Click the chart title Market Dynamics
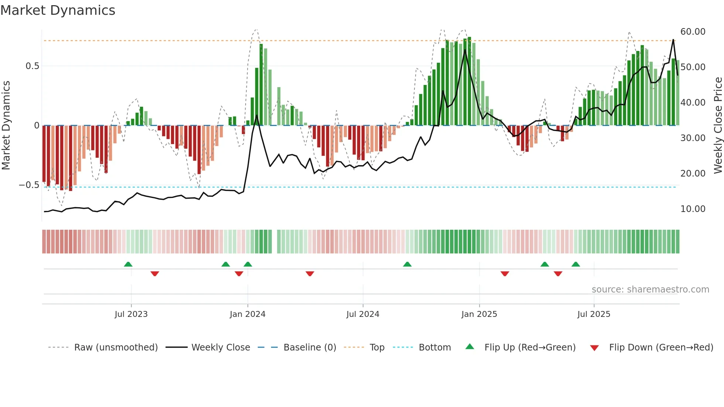(58, 10)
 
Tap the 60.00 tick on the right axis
(693, 32)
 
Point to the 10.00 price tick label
(693, 209)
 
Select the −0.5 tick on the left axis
(29, 185)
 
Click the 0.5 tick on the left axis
(32, 66)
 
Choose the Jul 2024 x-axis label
(363, 314)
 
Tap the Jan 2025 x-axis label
(479, 314)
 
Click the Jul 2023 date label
(131, 314)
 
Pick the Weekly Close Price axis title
(718, 125)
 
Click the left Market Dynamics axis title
(6, 125)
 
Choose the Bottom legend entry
(434, 348)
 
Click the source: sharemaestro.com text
(650, 290)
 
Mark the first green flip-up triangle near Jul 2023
(128, 264)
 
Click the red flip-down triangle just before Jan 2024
(239, 274)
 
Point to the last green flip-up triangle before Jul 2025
(576, 264)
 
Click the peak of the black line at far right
(673, 40)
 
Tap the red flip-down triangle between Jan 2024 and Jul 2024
(310, 274)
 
